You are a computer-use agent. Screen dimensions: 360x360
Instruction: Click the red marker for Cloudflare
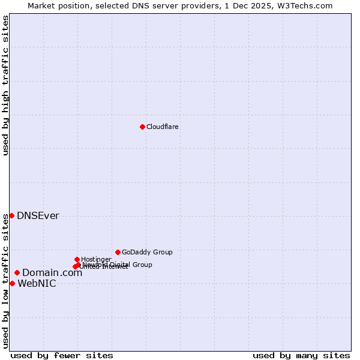click(142, 127)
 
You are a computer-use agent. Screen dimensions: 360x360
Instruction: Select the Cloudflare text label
click(163, 127)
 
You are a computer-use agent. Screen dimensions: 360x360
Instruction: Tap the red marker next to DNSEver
click(11, 215)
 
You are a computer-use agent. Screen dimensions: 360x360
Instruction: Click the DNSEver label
click(38, 216)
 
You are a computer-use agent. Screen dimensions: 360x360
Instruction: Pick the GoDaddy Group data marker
click(118, 252)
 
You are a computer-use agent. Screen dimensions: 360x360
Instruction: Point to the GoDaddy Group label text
click(147, 252)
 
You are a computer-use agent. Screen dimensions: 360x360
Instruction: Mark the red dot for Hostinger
click(77, 259)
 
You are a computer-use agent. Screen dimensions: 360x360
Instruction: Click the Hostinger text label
click(96, 259)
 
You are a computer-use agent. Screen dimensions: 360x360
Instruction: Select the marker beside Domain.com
click(17, 272)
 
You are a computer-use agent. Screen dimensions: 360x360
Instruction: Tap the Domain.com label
click(52, 273)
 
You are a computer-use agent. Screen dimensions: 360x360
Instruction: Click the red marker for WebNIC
click(12, 283)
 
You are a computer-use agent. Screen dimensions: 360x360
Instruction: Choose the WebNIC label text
click(37, 284)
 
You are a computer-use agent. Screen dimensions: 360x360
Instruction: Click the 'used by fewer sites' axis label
click(62, 355)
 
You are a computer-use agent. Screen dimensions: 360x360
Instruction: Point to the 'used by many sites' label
click(301, 355)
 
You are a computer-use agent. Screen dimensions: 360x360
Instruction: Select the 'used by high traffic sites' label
click(5, 85)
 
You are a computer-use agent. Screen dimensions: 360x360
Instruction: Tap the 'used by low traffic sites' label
click(5, 281)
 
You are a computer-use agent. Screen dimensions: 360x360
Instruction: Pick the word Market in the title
click(41, 5)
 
